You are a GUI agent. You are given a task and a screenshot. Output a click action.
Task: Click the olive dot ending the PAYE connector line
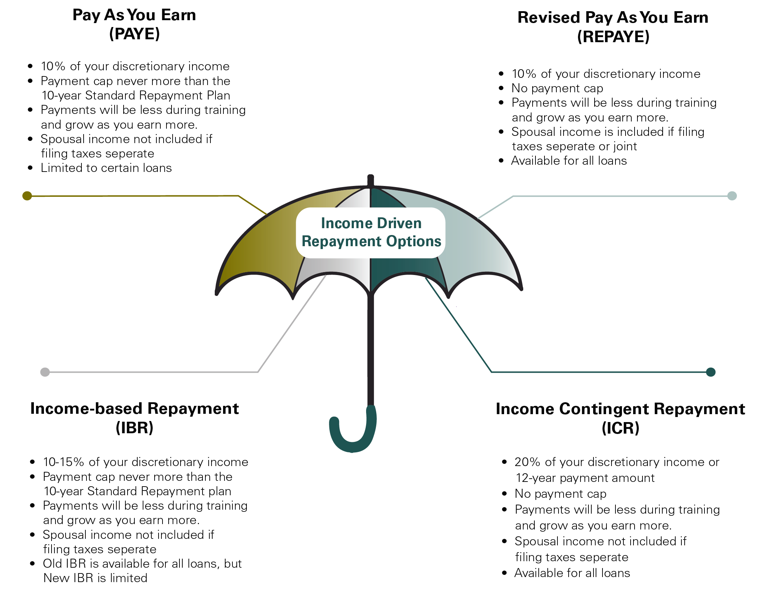[x=27, y=196]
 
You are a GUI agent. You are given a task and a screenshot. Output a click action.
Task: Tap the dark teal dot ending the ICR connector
[x=711, y=372]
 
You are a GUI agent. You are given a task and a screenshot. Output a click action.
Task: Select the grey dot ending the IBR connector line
[x=45, y=372]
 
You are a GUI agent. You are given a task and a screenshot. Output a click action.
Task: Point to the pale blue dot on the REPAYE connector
[x=732, y=196]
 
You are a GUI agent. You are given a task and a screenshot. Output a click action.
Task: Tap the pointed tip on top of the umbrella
[x=370, y=179]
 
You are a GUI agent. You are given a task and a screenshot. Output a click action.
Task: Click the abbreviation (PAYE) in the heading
[x=134, y=34]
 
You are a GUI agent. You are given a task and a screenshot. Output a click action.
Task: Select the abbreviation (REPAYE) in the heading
[x=613, y=37]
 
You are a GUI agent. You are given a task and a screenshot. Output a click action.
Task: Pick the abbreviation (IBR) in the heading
[x=134, y=428]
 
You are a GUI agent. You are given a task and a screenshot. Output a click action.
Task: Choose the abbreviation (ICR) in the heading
[x=620, y=428]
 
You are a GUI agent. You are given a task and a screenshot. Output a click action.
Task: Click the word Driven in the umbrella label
[x=399, y=223]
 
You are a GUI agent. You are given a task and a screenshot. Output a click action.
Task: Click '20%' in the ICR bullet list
[x=527, y=462]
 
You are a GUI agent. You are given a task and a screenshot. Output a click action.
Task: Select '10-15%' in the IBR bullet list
[x=63, y=462]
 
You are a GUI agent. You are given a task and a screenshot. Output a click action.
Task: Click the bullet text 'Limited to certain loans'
[x=106, y=168]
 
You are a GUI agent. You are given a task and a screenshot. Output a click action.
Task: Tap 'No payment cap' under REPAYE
[x=557, y=88]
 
